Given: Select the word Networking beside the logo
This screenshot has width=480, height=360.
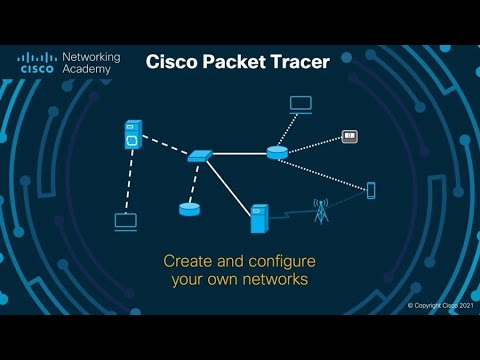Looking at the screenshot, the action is pyautogui.click(x=91, y=58).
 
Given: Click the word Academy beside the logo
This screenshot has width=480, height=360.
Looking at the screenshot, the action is pyautogui.click(x=85, y=72).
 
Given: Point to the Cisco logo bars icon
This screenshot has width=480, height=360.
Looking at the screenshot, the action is pyautogui.click(x=38, y=57).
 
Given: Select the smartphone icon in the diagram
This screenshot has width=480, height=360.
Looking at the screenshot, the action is pyautogui.click(x=370, y=189).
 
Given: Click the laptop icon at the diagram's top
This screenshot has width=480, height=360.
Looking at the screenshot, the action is pyautogui.click(x=300, y=103).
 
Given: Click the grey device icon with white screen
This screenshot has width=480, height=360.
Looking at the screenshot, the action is pyautogui.click(x=350, y=135).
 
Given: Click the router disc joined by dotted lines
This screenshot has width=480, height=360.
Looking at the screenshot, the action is pyautogui.click(x=277, y=152).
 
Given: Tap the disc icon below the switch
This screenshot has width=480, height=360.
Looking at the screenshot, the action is pyautogui.click(x=189, y=208).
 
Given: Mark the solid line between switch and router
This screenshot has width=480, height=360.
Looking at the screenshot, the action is pyautogui.click(x=240, y=154).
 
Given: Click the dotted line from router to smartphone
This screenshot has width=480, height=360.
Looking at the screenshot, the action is pyautogui.click(x=325, y=171).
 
